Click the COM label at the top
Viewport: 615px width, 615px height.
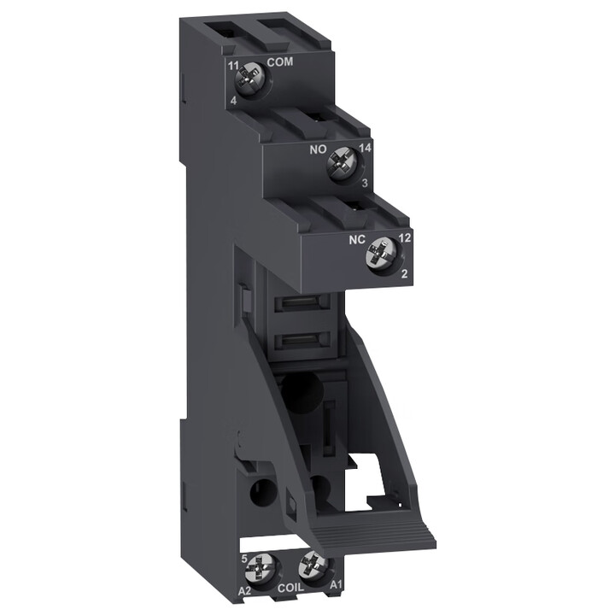coord(280,61)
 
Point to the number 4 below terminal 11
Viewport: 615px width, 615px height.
coord(233,101)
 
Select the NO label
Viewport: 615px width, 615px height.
coord(318,149)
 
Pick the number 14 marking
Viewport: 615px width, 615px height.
coord(366,149)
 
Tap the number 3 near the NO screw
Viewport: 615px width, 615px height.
coord(365,183)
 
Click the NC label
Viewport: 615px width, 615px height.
coord(357,240)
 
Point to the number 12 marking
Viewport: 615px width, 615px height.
coord(404,238)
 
